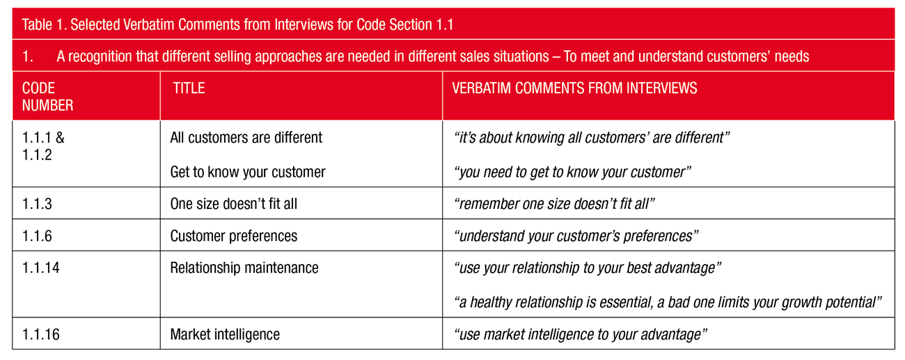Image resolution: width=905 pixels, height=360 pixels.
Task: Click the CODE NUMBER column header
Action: (x=47, y=97)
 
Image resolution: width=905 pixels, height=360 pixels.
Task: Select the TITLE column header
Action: (x=189, y=88)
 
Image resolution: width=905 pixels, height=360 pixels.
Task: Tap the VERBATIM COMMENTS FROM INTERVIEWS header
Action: (x=574, y=88)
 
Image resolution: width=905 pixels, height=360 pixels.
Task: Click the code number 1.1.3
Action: (x=37, y=203)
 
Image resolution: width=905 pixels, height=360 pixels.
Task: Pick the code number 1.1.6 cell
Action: (x=37, y=235)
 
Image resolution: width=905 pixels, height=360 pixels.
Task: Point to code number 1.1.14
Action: (x=40, y=267)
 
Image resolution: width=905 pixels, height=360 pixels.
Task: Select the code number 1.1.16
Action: (x=40, y=334)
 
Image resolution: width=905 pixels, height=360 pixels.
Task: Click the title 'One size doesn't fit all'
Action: (x=233, y=203)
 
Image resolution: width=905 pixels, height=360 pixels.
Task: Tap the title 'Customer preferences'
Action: (x=233, y=236)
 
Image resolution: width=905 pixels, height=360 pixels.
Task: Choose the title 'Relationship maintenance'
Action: (x=244, y=267)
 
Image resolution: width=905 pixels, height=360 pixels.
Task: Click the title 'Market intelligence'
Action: (x=225, y=334)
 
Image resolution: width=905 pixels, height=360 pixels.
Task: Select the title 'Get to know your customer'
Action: (x=248, y=172)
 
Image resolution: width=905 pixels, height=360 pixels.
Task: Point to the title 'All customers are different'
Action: (x=246, y=137)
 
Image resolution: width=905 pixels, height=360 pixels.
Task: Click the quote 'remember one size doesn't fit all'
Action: (x=554, y=203)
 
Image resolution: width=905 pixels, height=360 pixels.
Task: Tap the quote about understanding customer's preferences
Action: (x=576, y=236)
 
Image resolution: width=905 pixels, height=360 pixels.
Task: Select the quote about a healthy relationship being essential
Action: (x=668, y=302)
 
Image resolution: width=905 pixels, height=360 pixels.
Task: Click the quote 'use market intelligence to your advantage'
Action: (x=581, y=334)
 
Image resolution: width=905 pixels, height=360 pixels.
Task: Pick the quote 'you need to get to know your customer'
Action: (x=572, y=172)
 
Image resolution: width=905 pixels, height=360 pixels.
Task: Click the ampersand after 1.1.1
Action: (x=60, y=137)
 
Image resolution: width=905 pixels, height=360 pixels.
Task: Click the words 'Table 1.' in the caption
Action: (x=44, y=24)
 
